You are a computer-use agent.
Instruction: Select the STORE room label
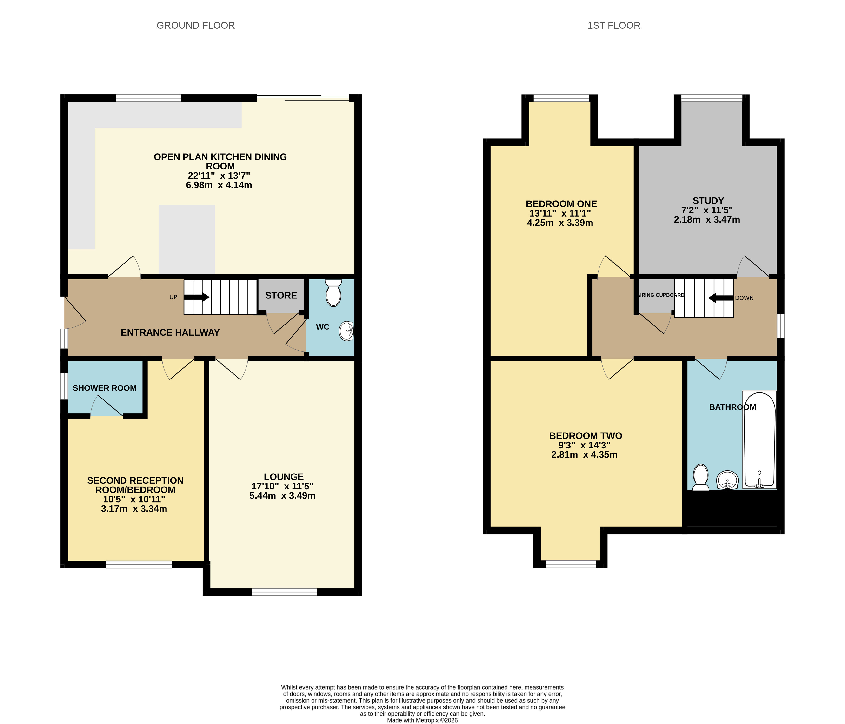281,296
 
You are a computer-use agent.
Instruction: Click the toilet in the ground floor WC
334,293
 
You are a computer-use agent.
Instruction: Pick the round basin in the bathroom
728,480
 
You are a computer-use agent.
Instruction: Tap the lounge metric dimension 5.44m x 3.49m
283,496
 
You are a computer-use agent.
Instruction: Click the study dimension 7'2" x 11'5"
707,210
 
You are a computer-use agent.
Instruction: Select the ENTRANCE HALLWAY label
170,333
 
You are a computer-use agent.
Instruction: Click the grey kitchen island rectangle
187,239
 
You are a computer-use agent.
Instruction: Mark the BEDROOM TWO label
586,436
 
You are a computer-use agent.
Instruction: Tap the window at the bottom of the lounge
284,592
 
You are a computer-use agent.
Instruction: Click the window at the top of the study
712,98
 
